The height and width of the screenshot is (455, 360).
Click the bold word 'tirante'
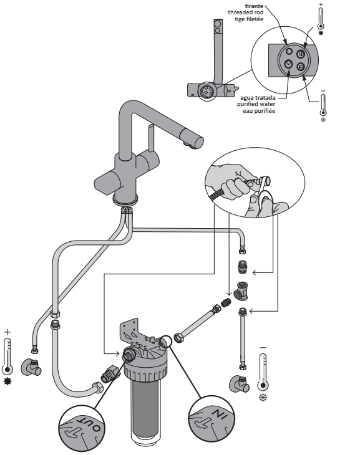[x=254, y=6]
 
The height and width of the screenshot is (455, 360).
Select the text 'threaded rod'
[x=246, y=12]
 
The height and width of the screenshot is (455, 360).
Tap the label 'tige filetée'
[x=249, y=19]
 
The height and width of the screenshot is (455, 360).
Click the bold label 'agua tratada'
[x=258, y=98]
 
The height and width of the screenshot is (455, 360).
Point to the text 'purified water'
[x=256, y=104]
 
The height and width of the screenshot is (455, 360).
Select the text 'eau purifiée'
[x=259, y=111]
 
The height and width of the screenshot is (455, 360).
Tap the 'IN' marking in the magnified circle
[x=219, y=414]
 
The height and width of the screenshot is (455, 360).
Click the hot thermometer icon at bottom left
[x=7, y=356]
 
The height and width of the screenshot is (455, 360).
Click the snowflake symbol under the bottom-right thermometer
[x=263, y=398]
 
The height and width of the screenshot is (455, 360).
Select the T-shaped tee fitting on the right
[x=241, y=290]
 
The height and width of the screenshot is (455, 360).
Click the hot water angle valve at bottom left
[x=31, y=367]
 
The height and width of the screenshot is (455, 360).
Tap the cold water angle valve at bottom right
[x=240, y=384]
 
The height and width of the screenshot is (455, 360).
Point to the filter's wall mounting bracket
[x=130, y=332]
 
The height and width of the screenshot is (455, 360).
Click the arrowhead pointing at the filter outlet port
[x=117, y=353]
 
